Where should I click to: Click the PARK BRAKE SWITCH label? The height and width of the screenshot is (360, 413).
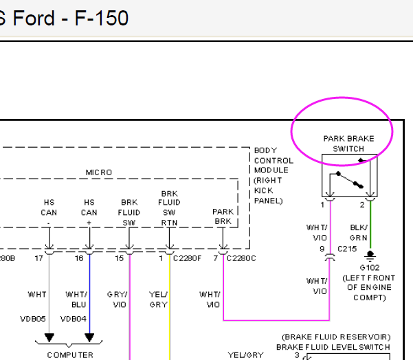point(348,143)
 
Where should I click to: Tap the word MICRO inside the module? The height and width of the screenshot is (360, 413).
point(98,172)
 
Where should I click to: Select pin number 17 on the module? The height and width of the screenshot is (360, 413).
point(40,258)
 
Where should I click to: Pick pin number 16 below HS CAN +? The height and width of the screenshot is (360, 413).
point(79,258)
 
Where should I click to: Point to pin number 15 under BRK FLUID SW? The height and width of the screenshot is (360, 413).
point(119,258)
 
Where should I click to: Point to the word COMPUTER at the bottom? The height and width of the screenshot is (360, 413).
point(69,355)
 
